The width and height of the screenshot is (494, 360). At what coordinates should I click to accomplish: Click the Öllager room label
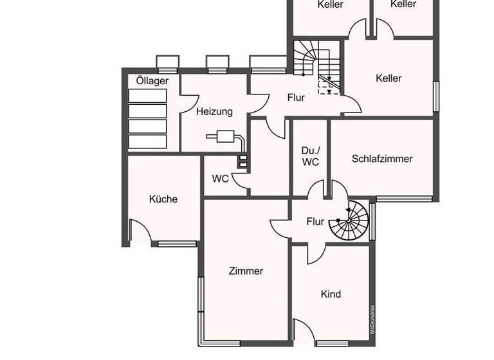click(x=152, y=81)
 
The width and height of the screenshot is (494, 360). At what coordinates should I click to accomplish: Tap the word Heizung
click(x=214, y=111)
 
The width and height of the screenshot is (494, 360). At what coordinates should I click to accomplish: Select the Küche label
click(x=163, y=199)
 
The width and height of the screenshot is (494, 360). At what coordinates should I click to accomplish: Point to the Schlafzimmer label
click(x=382, y=159)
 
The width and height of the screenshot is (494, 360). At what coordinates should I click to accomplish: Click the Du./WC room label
click(x=310, y=156)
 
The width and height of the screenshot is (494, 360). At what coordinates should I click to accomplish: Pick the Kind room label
click(x=331, y=294)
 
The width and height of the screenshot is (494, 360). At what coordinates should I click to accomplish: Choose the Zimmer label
click(x=246, y=271)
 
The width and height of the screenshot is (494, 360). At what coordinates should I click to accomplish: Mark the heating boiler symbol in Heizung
click(x=226, y=136)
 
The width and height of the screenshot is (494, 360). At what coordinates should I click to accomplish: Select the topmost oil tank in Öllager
click(x=147, y=96)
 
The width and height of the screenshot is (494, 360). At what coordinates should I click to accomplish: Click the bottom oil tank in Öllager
click(x=147, y=141)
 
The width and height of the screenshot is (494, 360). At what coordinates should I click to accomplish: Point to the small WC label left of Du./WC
click(x=221, y=179)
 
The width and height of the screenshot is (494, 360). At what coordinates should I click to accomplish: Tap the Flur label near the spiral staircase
click(x=315, y=222)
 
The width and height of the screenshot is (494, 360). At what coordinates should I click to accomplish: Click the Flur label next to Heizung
click(x=296, y=98)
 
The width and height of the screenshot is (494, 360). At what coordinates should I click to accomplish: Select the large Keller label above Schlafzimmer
click(x=389, y=78)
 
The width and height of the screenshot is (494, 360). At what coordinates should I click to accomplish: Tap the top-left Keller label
click(x=331, y=4)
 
